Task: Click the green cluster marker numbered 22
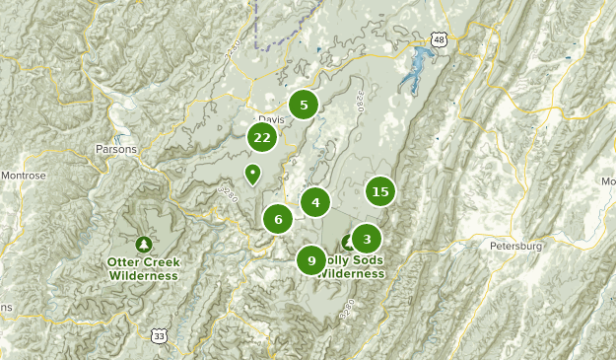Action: coord(261,138)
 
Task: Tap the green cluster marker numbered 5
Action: coord(304,105)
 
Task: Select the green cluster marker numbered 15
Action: coord(380,191)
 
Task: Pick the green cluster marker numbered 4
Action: coord(315,202)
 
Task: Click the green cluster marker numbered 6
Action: coord(278,219)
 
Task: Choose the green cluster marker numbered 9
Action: coord(311,260)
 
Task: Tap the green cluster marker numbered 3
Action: coord(367,238)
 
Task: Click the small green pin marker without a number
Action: coord(252,175)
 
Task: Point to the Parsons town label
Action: coord(116,149)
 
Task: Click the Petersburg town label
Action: coord(515,245)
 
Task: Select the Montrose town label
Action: coord(22,176)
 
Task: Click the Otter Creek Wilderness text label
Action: coord(144,269)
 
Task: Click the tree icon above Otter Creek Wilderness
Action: coord(144,243)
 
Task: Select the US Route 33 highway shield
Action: coord(160,336)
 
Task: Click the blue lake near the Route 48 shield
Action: coord(413,66)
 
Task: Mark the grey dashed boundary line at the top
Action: coord(258,30)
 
